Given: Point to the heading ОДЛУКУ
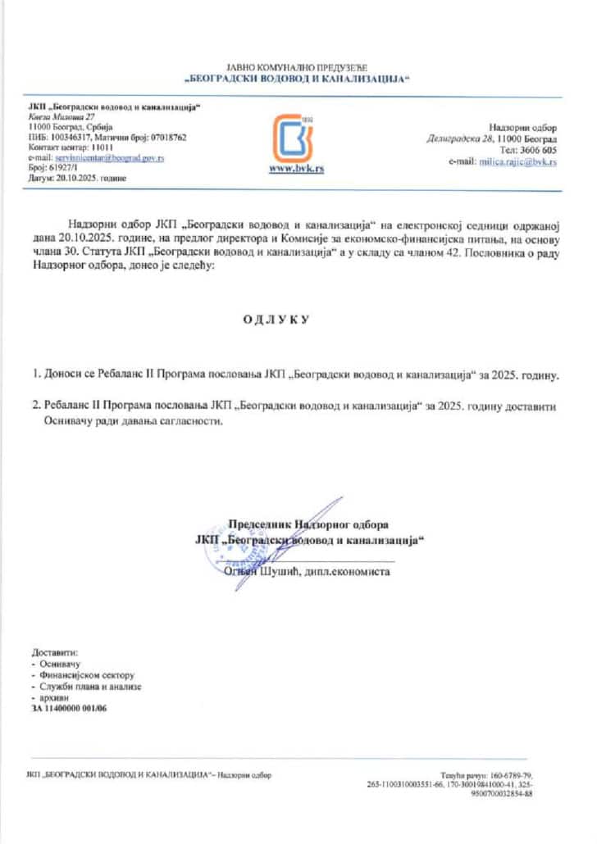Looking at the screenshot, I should click(x=276, y=319).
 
